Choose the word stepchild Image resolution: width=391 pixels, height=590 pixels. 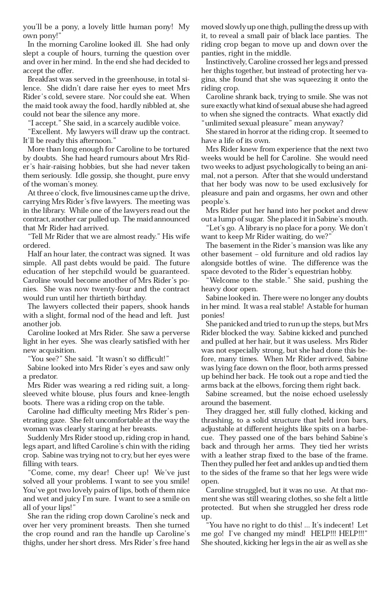[x=98, y=272]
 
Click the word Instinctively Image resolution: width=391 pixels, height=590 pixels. [x=225, y=62]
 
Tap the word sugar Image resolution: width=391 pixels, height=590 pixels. [x=266, y=219]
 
